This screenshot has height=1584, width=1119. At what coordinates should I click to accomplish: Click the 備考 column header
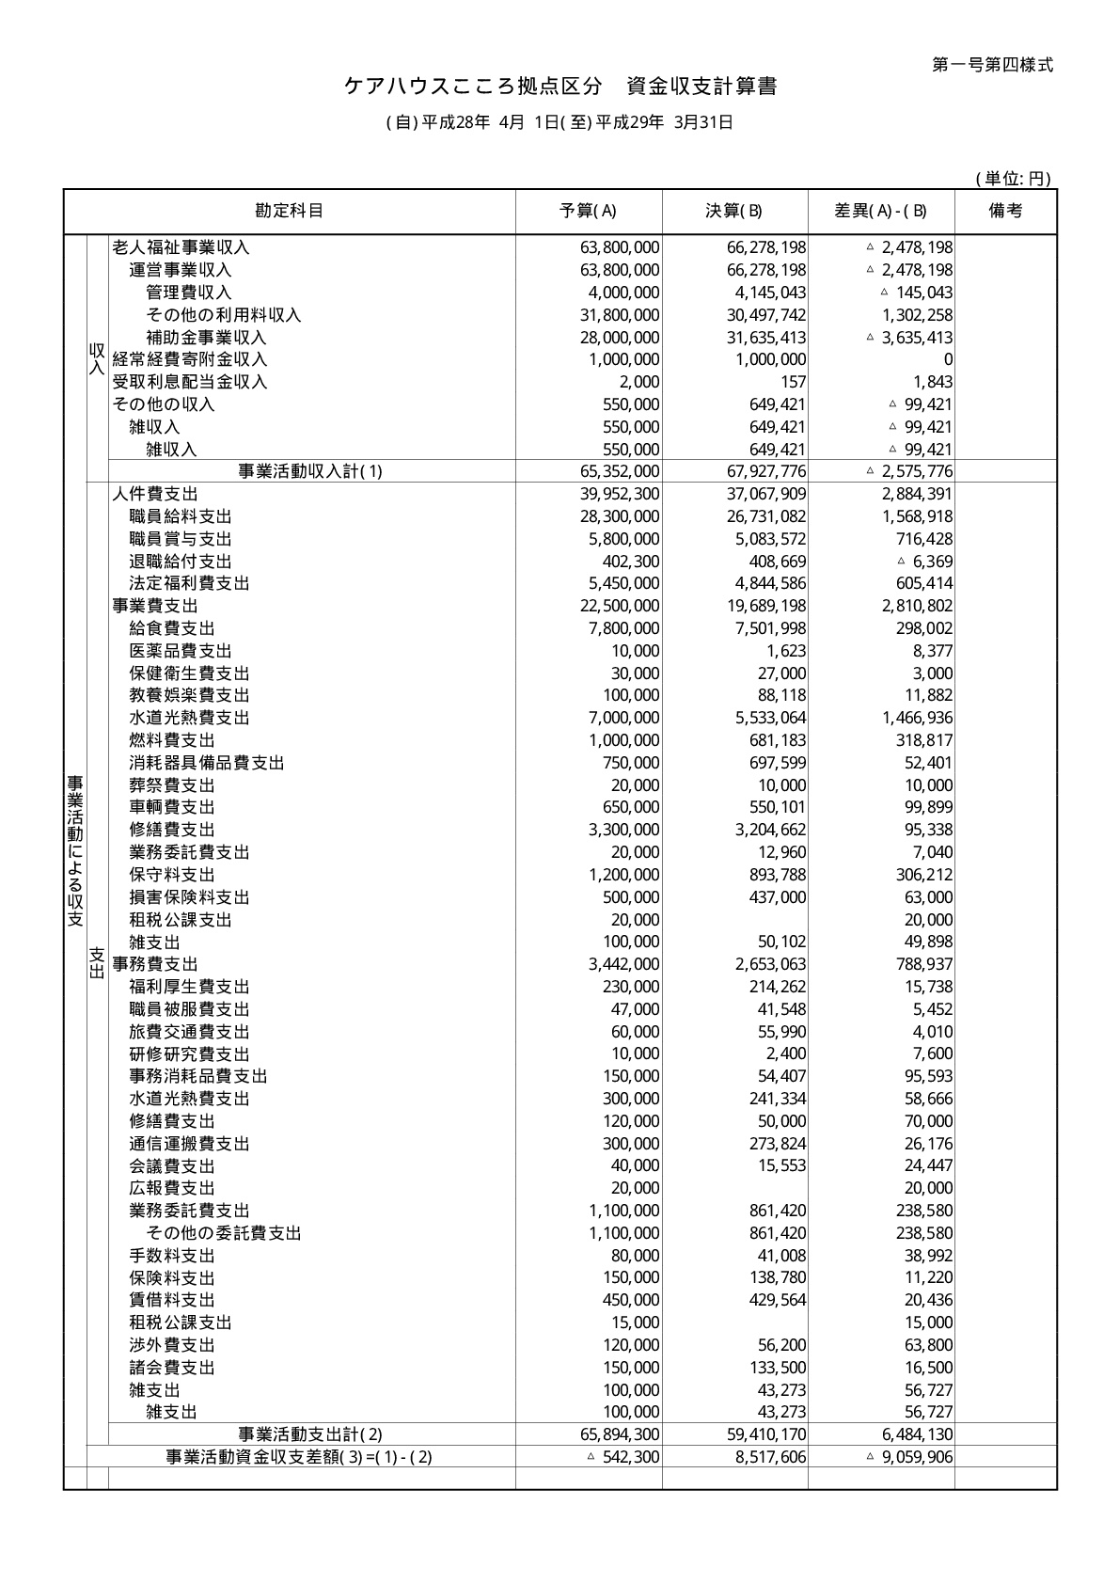(1005, 211)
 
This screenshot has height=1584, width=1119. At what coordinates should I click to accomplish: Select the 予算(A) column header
(589, 211)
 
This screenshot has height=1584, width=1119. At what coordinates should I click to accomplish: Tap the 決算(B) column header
(734, 211)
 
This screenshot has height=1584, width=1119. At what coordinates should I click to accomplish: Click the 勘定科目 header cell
(290, 211)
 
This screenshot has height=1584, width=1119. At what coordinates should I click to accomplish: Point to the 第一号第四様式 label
(992, 65)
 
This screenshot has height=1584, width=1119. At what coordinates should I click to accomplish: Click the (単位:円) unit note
(1013, 179)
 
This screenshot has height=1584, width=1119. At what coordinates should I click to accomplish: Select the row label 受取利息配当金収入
(190, 382)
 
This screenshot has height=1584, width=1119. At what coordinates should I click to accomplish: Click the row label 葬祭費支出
(172, 785)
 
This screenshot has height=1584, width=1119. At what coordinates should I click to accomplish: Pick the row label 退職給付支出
(181, 562)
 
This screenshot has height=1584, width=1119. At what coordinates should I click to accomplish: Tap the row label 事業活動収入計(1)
(310, 471)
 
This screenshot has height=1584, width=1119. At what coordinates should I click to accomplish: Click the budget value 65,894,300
(620, 1434)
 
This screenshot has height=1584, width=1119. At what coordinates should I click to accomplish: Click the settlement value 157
(793, 382)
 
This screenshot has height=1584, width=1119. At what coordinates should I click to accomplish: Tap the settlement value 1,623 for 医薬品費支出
(785, 651)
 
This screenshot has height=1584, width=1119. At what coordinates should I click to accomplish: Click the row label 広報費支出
(172, 1188)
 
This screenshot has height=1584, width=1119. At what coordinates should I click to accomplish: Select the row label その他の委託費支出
(224, 1233)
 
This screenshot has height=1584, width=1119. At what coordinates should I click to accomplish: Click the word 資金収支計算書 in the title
(701, 87)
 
